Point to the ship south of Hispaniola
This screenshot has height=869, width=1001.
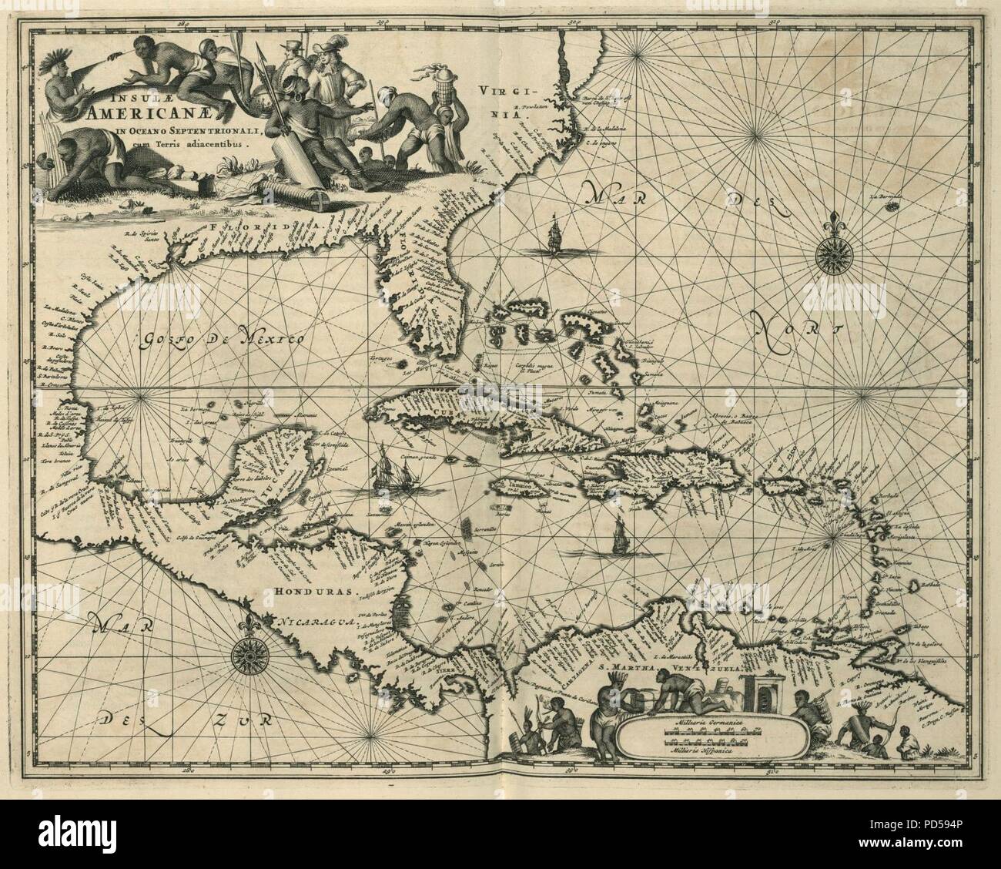click(618, 536)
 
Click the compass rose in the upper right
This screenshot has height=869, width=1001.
click(832, 249)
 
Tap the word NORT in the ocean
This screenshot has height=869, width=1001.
click(797, 333)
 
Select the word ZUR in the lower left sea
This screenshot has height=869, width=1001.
click(239, 720)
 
